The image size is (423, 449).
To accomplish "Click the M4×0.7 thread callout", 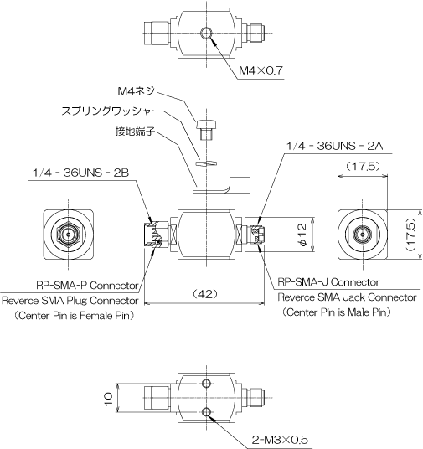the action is (261, 70).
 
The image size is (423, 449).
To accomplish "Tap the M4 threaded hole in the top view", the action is (206, 33).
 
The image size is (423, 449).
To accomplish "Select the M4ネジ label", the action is (137, 91).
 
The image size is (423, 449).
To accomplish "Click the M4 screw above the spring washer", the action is (206, 130).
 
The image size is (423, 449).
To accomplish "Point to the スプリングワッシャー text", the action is (111, 111).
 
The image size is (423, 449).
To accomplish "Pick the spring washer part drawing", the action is (206, 163).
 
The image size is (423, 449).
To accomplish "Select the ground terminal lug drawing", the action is (221, 185).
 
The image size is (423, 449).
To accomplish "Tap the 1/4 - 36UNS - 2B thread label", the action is (80, 173).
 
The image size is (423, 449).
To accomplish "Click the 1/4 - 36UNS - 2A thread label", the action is (335, 146).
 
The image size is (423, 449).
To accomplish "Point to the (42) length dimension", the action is (205, 294).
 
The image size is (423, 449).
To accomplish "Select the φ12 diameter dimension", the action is (302, 235).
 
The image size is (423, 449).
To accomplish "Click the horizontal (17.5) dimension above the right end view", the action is (363, 166).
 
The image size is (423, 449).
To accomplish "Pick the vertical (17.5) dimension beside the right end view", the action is (410, 235).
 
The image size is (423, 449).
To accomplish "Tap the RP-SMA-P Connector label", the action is (87, 286).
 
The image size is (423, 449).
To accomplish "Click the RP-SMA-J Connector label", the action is (328, 282).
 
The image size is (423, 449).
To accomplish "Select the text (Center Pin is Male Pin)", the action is (337, 312).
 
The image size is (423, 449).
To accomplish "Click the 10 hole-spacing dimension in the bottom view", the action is (109, 398).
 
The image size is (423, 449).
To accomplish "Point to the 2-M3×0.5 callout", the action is (280, 440).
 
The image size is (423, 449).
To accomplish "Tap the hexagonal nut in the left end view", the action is (69, 235).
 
